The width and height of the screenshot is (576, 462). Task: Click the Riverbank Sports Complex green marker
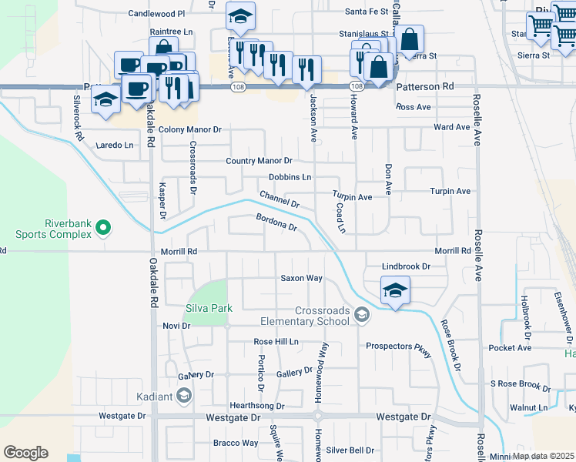pyautogui.click(x=105, y=228)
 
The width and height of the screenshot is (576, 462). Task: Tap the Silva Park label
pyautogui.click(x=208, y=308)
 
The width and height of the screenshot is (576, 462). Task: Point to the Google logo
pyautogui.click(x=25, y=453)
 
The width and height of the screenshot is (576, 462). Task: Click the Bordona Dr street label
pyautogui.click(x=276, y=223)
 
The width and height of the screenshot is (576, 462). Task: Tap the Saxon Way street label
pyautogui.click(x=300, y=278)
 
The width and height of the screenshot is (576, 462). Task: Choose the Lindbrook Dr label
pyautogui.click(x=405, y=266)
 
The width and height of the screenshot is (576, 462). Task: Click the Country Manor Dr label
pyautogui.click(x=259, y=161)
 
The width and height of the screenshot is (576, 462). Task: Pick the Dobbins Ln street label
pyautogui.click(x=290, y=177)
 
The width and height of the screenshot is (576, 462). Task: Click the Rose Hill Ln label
pyautogui.click(x=276, y=341)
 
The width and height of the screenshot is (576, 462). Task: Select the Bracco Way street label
pyautogui.click(x=236, y=443)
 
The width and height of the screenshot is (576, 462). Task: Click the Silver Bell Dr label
pyautogui.click(x=350, y=450)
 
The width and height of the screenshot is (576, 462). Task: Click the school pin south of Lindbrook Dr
pyautogui.click(x=395, y=291)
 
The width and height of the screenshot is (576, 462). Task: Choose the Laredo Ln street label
pyautogui.click(x=115, y=145)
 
